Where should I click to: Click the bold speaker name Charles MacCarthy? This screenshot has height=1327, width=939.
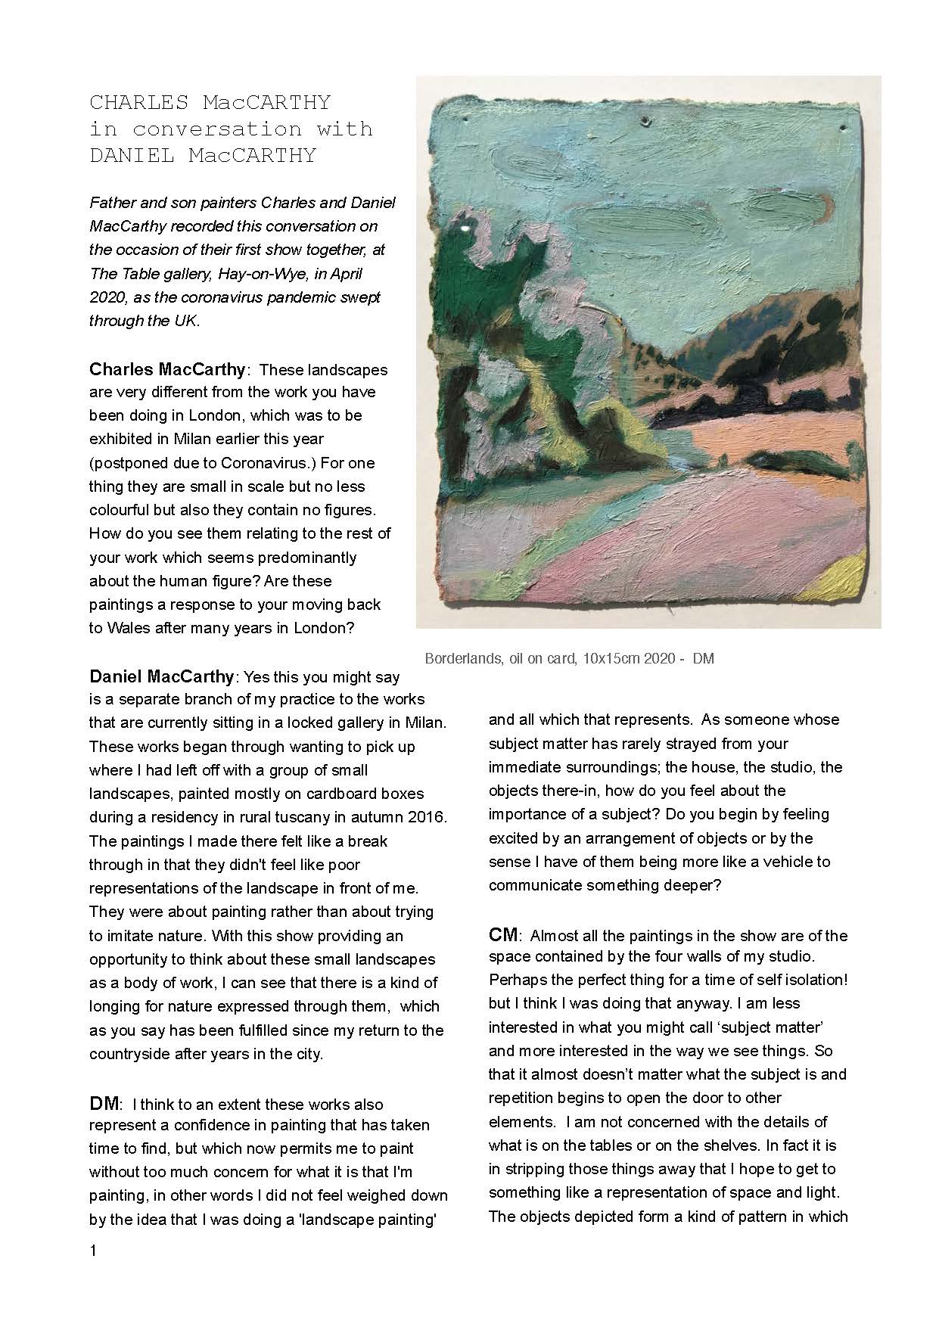coord(167,370)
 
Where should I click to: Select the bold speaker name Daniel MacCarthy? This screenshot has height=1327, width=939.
coord(161,676)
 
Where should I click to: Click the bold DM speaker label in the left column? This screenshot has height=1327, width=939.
coord(102,1104)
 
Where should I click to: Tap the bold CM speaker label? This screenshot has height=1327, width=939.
coord(503,935)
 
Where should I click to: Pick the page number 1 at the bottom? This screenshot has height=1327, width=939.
coord(93,1251)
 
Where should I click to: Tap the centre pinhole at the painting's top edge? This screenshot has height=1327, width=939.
coord(645,120)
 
